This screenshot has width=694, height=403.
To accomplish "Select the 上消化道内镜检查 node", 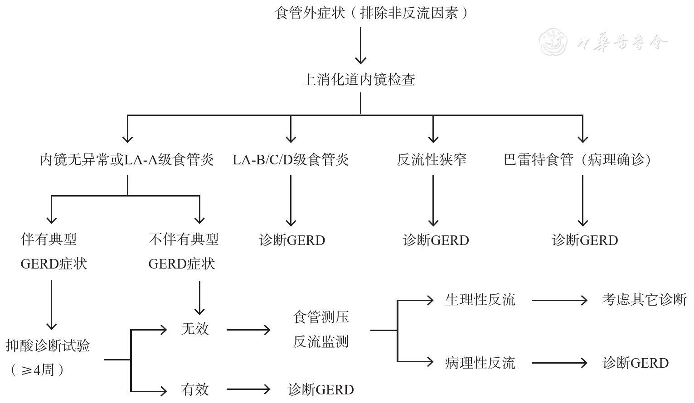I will (359, 80).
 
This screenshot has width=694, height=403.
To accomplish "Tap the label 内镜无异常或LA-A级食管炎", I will (127, 160).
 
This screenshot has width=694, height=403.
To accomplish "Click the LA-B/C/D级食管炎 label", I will (291, 160).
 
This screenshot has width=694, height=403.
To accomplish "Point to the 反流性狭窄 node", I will (432, 160).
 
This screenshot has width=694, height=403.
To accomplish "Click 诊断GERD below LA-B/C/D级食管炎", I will (292, 240).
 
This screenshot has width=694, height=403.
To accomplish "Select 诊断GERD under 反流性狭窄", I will (436, 240).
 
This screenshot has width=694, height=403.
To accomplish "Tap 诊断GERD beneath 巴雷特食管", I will (585, 240).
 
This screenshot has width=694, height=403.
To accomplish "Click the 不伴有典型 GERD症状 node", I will (183, 252).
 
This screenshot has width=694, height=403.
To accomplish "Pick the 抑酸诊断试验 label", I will (48, 346).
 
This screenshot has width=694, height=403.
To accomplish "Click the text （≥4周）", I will (36, 370).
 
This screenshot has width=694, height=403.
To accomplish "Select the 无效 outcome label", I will (195, 329).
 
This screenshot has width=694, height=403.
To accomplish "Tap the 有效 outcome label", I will (195, 389).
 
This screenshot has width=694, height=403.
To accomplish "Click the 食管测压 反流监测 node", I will (321, 330).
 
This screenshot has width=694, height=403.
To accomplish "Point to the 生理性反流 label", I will (480, 300).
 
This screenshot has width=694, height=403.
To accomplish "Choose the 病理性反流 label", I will (480, 363).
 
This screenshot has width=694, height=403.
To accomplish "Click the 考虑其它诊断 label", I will (644, 300).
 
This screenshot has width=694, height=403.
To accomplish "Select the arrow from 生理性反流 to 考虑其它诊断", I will (559, 300).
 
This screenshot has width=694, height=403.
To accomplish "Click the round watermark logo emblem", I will (553, 42).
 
